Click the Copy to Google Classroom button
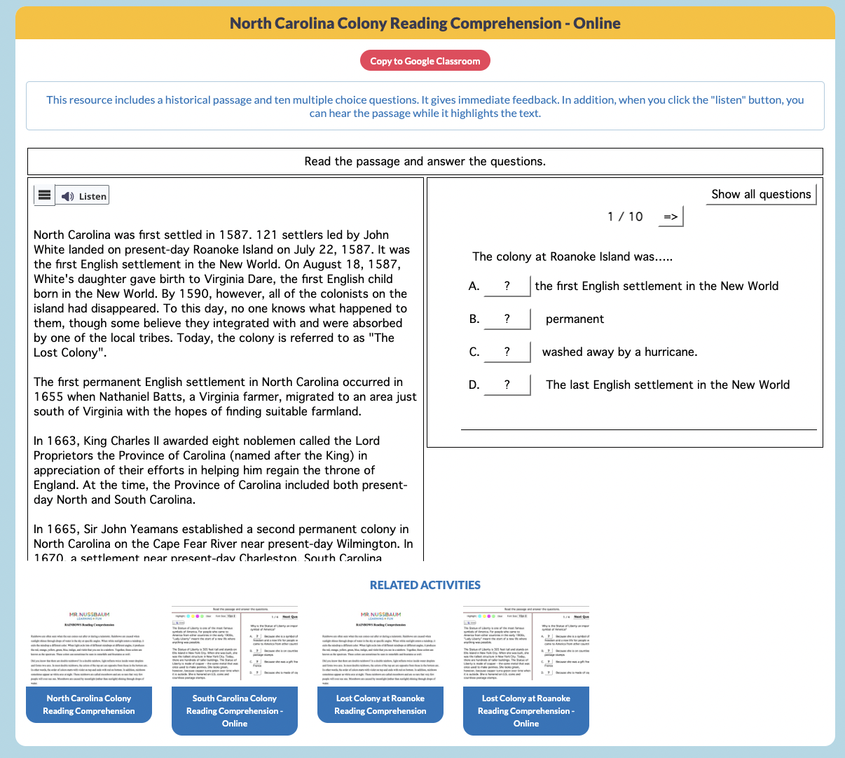(425, 61)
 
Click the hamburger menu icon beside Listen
(44, 195)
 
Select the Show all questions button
(760, 194)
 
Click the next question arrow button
(671, 216)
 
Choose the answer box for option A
(507, 286)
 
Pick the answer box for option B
(507, 319)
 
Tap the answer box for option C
(507, 352)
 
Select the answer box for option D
(507, 385)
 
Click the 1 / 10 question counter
(625, 216)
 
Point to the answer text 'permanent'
(575, 319)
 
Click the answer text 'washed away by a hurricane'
(619, 352)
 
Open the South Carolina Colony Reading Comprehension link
(235, 710)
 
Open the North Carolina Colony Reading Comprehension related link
(89, 704)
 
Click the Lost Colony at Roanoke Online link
(526, 710)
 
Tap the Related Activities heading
(425, 585)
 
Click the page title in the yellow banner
(425, 23)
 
